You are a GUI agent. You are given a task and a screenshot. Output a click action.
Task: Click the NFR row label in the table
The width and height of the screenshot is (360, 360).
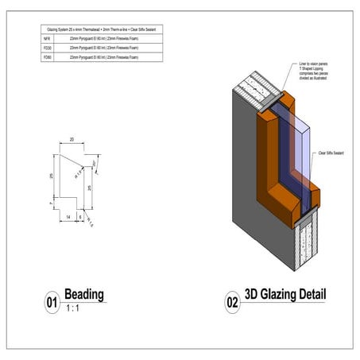(x=47, y=38)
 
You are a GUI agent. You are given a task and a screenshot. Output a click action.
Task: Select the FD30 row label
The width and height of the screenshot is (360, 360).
(x=48, y=48)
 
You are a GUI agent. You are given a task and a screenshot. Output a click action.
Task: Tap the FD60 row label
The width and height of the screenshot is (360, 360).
(x=48, y=57)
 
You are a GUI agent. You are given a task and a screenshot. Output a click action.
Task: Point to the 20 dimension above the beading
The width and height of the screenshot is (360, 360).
(x=72, y=139)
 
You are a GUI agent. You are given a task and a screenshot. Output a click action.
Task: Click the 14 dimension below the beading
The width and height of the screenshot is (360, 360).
(x=69, y=215)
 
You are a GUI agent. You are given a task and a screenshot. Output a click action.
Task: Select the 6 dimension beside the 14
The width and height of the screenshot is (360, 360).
(x=81, y=215)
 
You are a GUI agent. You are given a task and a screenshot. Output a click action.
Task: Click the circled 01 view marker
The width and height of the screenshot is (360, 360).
(x=52, y=303)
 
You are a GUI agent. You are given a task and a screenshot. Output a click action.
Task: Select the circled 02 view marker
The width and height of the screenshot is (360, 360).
(x=232, y=303)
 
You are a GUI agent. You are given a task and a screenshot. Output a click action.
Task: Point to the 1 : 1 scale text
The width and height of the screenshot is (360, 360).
(x=72, y=308)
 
